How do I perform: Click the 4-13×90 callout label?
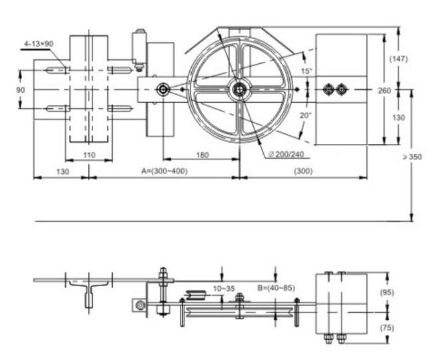click(39, 43)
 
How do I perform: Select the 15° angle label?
click(306, 71)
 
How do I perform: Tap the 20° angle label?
click(306, 115)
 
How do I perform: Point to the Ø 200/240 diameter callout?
click(286, 154)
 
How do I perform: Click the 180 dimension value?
click(202, 155)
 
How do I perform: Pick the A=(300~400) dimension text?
click(165, 171)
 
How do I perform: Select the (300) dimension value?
click(304, 171)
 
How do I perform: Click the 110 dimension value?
click(89, 155)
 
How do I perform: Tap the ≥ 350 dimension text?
click(412, 157)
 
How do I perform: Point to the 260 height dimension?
click(384, 91)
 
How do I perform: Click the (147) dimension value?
click(398, 59)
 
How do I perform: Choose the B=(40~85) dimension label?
click(276, 288)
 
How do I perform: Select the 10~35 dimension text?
click(224, 289)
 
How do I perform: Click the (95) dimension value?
click(387, 292)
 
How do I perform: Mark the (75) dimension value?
click(387, 328)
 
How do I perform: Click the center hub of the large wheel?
click(239, 89)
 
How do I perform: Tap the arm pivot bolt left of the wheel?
click(163, 89)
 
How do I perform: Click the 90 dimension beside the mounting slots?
click(21, 90)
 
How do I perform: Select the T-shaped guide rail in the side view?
click(89, 293)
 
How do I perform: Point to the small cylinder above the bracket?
click(139, 47)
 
